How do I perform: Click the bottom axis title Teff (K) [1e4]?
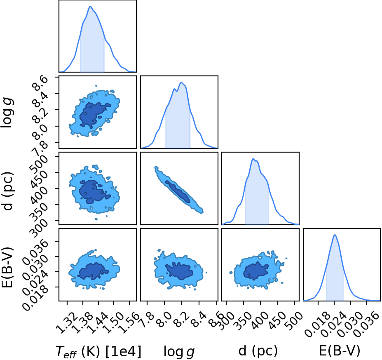[x=98, y=352]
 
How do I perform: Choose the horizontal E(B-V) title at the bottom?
[x=340, y=351]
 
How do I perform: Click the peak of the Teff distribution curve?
[x=90, y=7]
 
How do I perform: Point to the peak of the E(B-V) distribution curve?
[x=335, y=235]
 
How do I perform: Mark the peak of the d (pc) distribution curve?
[x=253, y=159]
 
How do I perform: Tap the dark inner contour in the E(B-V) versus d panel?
[x=256, y=271]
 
